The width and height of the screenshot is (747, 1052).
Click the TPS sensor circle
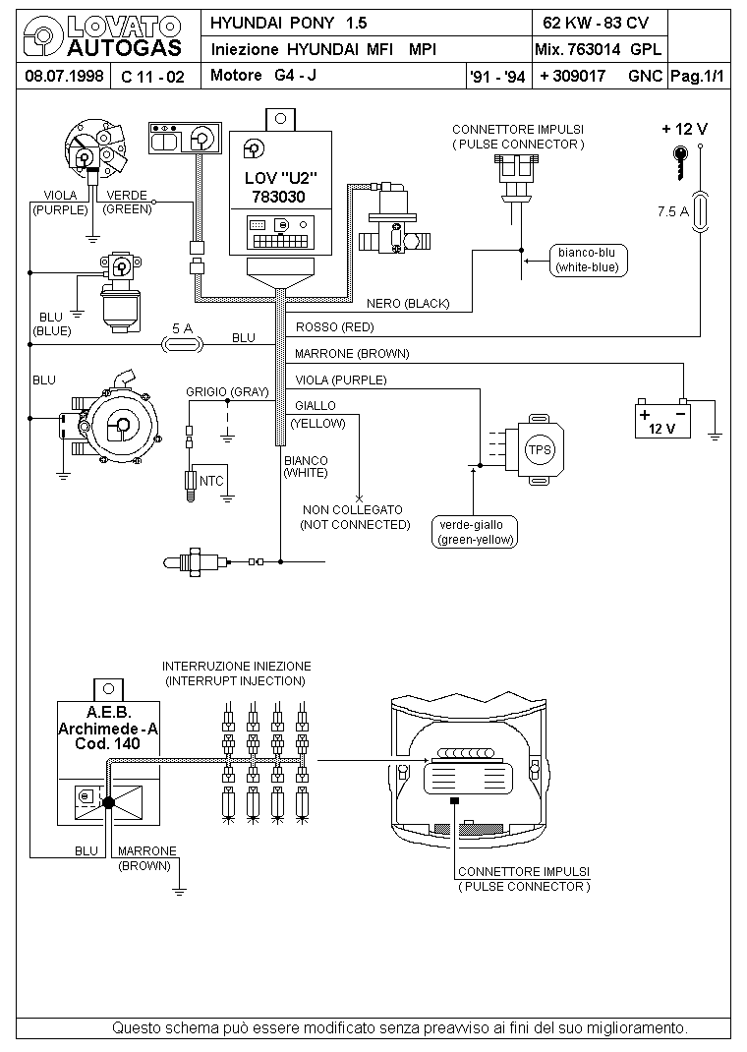540,450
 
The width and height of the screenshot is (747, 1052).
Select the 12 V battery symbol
662,418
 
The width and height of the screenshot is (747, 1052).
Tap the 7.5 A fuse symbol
700,212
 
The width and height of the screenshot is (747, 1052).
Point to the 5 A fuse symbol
183,344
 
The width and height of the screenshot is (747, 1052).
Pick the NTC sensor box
210,481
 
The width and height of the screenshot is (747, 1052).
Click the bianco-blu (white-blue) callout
587,261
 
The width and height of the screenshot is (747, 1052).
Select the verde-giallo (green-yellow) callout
476,532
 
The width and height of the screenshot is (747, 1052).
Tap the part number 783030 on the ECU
278,197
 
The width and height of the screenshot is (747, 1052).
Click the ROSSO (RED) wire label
334,327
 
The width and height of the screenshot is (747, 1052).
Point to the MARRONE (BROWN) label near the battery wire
352,354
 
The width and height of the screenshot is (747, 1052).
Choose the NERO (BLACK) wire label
408,303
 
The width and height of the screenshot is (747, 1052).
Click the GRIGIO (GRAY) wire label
227,392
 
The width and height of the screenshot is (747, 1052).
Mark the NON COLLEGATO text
353,510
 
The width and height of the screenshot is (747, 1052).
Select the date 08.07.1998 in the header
64,75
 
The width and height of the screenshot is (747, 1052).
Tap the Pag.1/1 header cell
698,76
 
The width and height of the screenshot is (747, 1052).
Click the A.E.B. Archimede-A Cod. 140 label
108,728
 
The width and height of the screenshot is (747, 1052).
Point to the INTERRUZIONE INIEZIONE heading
237,667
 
